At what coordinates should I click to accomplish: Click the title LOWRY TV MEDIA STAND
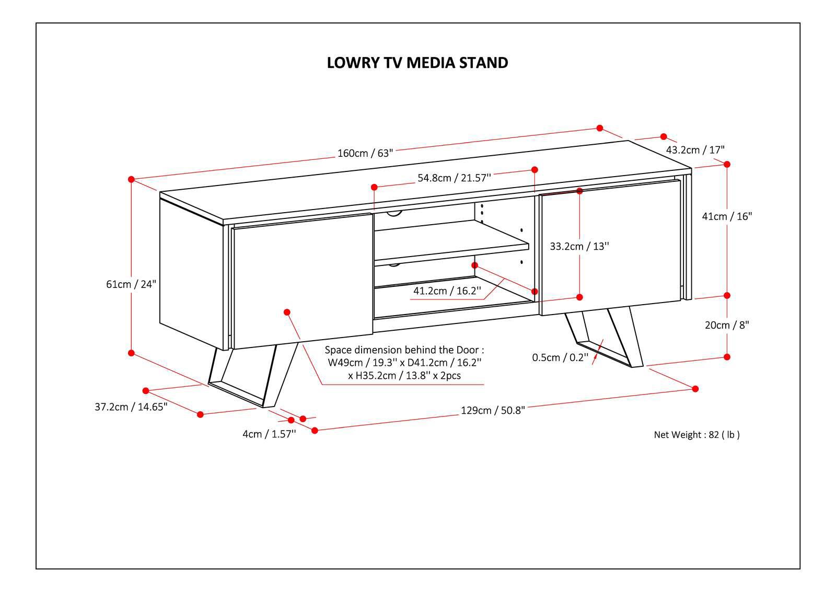coord(417,63)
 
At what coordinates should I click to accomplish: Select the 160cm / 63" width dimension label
coord(365,153)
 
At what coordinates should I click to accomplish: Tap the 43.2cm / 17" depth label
coord(695,150)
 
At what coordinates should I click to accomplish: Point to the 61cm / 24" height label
coord(131,284)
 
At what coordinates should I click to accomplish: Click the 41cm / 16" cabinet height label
coord(726,216)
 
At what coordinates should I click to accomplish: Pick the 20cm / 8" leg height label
coord(726,325)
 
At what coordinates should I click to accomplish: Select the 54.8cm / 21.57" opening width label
coord(454,178)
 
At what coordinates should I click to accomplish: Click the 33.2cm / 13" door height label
coord(579,246)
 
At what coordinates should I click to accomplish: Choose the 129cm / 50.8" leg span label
coord(492,410)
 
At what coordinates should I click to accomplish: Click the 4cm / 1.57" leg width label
coord(269,433)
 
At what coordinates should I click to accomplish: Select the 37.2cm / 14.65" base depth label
coord(131,407)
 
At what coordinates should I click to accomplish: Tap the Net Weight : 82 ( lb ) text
coord(696,434)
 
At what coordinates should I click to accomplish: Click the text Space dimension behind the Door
coord(404,350)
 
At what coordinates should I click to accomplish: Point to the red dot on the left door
coord(287,312)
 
